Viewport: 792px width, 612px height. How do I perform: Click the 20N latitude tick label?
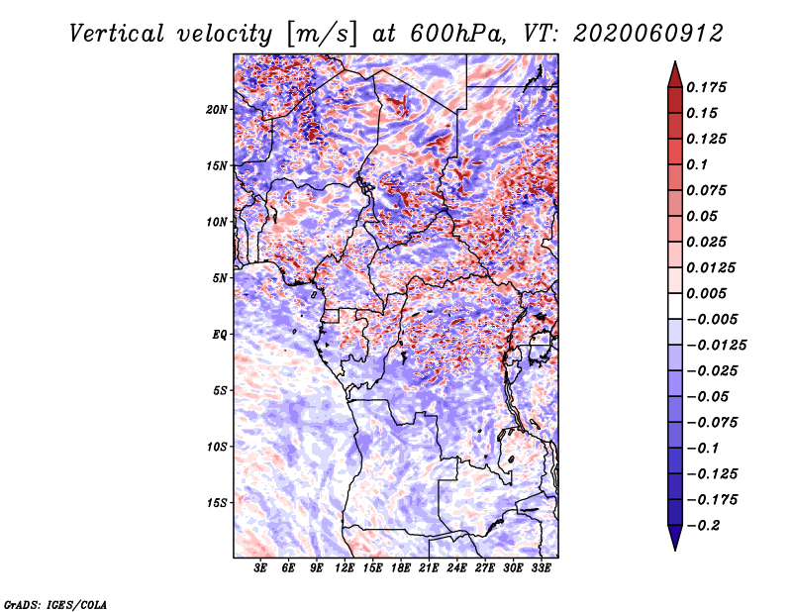217,110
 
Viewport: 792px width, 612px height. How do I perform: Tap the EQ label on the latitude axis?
219,335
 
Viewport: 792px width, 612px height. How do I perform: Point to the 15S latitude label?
217,503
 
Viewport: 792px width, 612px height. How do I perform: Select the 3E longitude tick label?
260,567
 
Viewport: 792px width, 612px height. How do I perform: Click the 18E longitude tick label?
401,567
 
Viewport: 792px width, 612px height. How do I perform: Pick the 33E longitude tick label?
541,567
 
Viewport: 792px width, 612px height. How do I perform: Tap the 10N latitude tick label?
217,222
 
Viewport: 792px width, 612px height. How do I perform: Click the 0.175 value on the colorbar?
706,87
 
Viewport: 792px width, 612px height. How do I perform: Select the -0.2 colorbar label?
703,526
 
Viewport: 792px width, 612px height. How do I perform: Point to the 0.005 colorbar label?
706,293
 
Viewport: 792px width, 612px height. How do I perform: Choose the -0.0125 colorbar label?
716,346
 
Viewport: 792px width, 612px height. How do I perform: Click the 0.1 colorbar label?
697,164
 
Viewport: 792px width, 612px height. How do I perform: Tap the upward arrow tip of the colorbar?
675,61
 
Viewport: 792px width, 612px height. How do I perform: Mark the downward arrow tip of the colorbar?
675,550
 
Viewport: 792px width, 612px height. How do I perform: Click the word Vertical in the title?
116,34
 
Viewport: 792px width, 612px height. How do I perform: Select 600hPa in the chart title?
457,34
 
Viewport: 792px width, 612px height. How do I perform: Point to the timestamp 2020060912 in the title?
648,34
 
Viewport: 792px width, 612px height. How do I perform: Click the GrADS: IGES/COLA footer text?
55,604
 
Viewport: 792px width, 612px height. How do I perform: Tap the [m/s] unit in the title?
322,35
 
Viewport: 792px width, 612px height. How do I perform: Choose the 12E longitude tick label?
345,567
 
